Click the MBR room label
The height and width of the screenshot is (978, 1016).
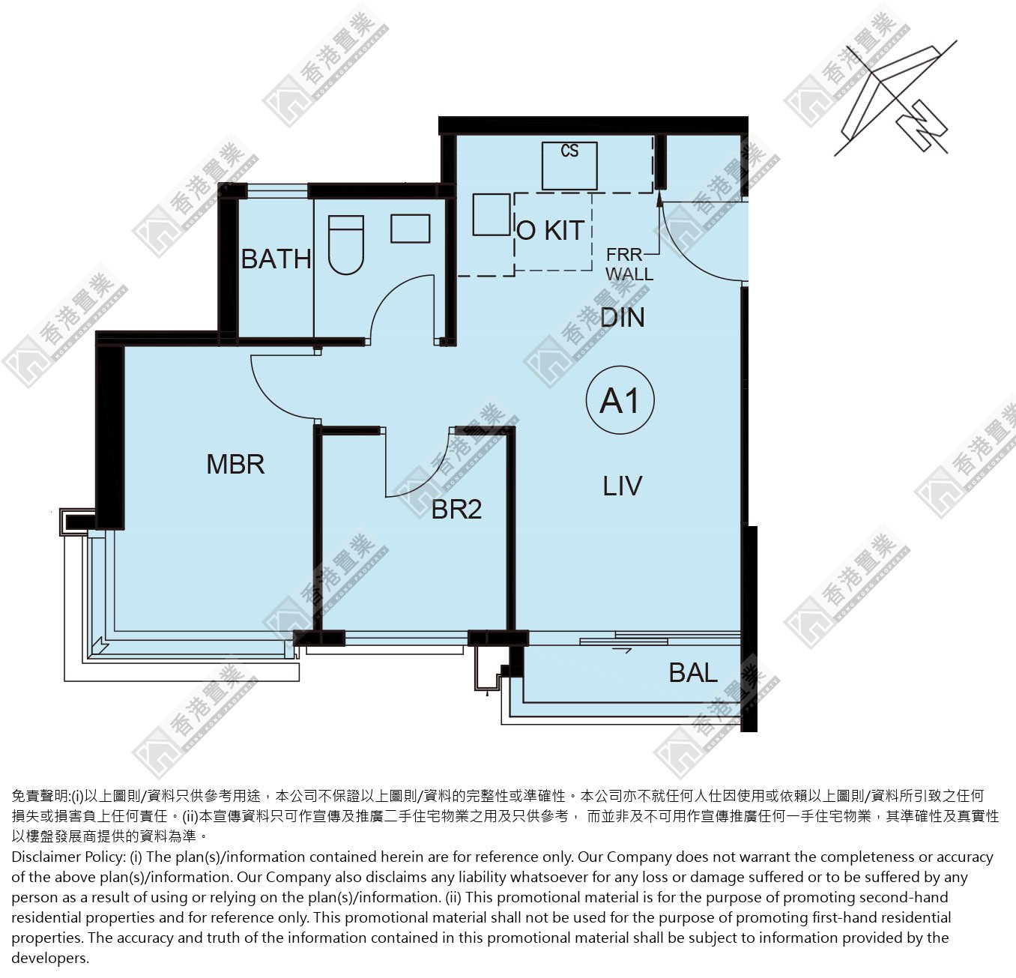(x=235, y=464)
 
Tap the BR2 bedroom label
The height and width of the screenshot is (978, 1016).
(x=456, y=509)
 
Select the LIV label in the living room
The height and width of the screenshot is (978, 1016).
(x=623, y=486)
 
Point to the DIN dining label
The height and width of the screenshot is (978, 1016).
(x=623, y=317)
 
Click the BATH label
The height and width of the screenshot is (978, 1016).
(x=276, y=259)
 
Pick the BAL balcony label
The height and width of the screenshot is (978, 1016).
(x=693, y=672)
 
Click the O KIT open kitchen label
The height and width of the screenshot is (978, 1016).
(x=550, y=230)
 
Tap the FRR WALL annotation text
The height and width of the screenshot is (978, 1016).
(x=629, y=265)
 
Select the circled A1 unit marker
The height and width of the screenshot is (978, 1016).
(x=620, y=400)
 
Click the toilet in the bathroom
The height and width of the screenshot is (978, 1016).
(x=345, y=245)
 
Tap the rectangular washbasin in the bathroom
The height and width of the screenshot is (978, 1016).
(x=411, y=228)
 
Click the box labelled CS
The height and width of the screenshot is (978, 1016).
(x=569, y=166)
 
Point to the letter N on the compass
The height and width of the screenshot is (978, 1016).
(x=922, y=126)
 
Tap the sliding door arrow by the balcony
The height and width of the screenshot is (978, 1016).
(x=622, y=650)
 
